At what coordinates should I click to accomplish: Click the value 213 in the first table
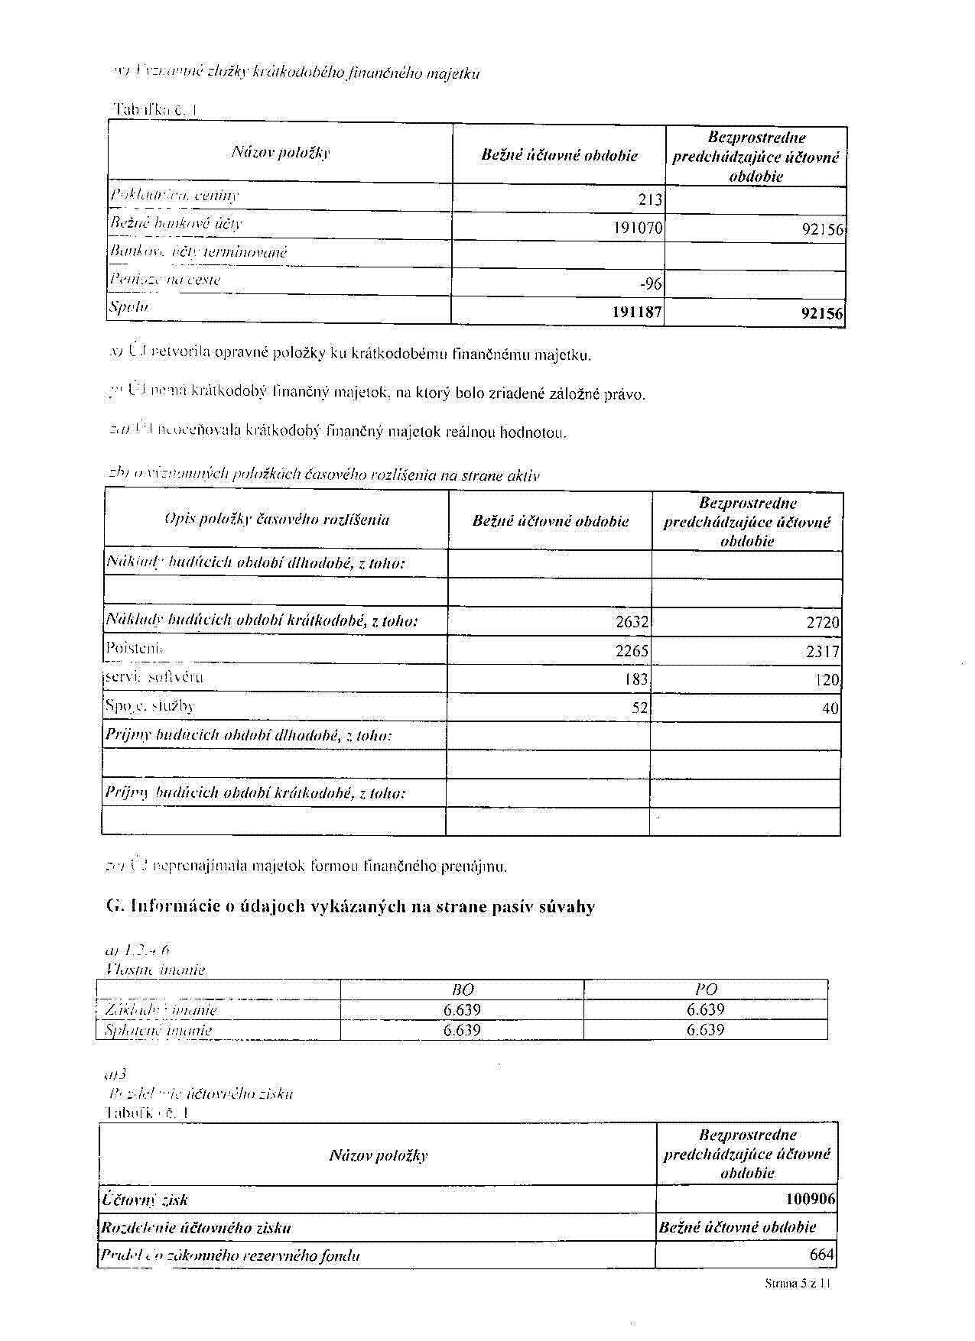650,200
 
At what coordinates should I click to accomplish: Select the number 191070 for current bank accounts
638,228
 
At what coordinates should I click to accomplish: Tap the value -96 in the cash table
651,284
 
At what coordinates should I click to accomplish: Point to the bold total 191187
637,313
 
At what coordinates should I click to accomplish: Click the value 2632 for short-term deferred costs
632,622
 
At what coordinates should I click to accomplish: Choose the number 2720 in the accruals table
823,623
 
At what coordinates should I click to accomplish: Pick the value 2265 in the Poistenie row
632,651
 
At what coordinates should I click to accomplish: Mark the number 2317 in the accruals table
823,652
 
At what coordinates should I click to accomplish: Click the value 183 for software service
636,679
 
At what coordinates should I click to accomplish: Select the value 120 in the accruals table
827,680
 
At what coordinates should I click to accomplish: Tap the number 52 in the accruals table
640,708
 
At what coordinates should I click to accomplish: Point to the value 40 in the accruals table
830,709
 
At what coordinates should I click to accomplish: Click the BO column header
463,990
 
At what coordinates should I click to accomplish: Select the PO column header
706,990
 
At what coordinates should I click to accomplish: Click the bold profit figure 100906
811,1200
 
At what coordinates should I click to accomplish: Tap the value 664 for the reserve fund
822,1255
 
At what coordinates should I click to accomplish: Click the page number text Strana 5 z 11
798,1284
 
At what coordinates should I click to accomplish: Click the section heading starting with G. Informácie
350,907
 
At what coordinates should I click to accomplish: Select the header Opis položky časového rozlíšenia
277,520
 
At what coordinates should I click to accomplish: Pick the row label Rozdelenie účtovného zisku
197,1228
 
